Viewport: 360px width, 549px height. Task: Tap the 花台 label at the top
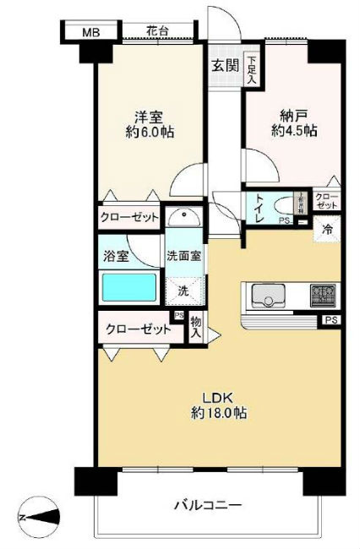tap(156, 31)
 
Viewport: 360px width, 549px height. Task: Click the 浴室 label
tap(117, 256)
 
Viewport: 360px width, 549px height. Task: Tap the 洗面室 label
tap(183, 256)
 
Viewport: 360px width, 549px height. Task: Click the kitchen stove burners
tap(322, 296)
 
